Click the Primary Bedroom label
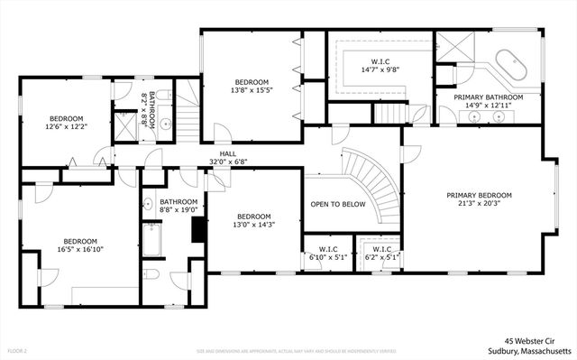(x=479, y=195)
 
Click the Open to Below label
(x=337, y=204)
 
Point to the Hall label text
(x=228, y=154)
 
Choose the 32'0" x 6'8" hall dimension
(x=228, y=162)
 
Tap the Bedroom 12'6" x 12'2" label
(x=66, y=123)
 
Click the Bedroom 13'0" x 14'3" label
(x=253, y=220)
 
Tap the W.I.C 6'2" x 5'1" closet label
(x=380, y=254)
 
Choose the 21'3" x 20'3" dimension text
(x=479, y=203)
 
